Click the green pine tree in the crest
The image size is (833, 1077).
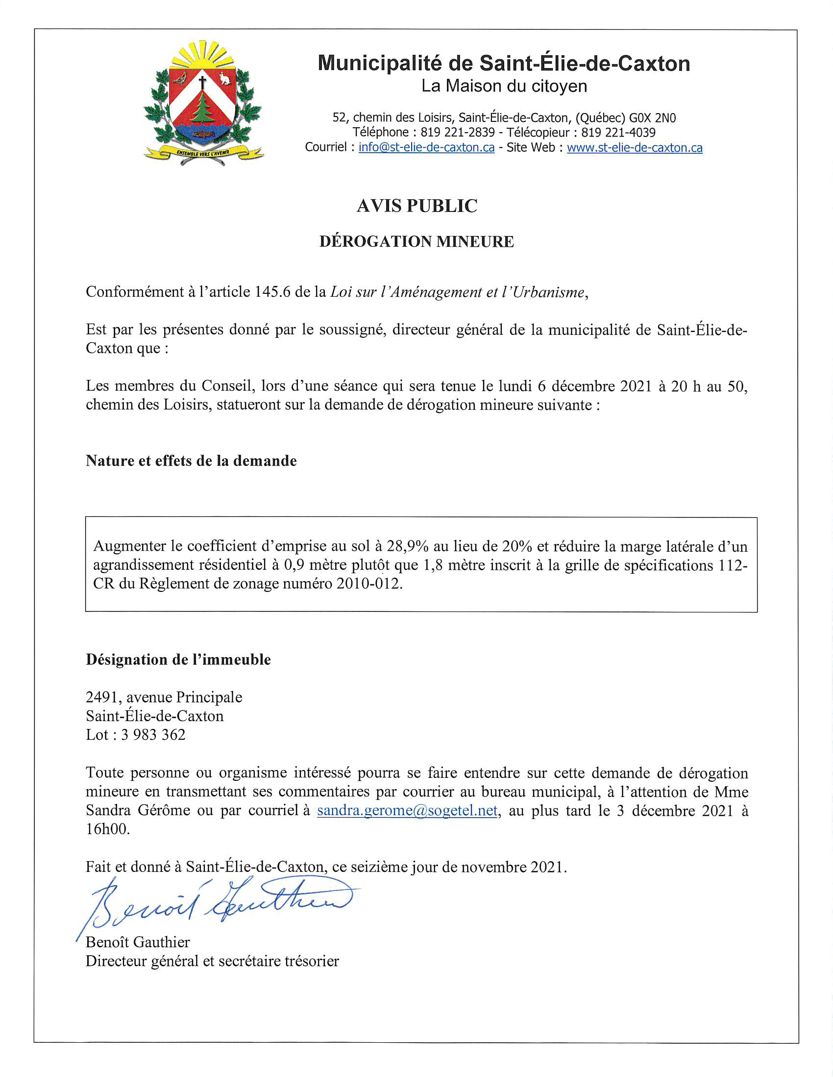coord(202,110)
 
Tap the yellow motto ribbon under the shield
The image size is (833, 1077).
coord(203,153)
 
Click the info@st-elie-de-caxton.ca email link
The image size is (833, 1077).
coord(426,147)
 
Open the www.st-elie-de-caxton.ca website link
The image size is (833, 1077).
coord(634,147)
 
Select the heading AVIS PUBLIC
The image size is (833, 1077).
coord(416,206)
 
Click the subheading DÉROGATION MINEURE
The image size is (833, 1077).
coord(416,242)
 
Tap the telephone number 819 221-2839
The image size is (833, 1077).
coord(458,133)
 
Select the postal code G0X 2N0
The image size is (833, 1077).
coord(652,118)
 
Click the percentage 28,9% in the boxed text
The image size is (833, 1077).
coord(407,546)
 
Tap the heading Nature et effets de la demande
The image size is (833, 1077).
coord(191,461)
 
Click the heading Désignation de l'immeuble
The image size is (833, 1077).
coord(178,660)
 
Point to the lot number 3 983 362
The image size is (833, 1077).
coord(153,735)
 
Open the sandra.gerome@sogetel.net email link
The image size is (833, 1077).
coord(407,811)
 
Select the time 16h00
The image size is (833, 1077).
coord(108,829)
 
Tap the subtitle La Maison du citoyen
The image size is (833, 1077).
coord(504,86)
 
